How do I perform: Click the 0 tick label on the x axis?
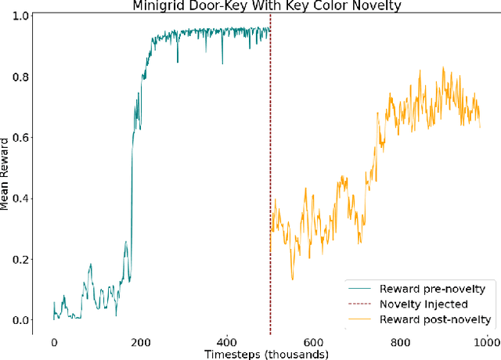point(53,342)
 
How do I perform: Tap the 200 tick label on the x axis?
point(140,342)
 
